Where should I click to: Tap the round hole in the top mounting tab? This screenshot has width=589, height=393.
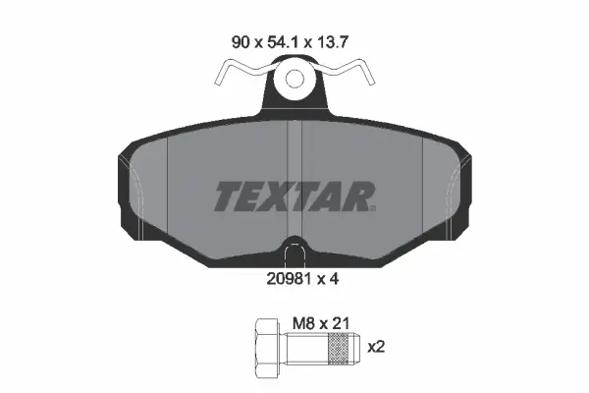[x=294, y=83]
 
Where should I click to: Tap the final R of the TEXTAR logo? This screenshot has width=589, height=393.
[x=354, y=196]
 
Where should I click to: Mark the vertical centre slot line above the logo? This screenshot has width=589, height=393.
[x=294, y=147]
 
